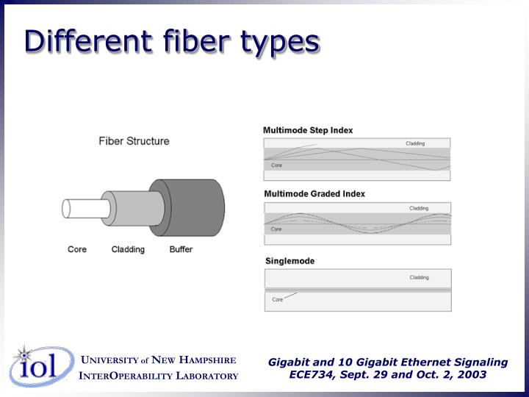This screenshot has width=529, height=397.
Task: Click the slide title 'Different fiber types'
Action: coord(171,41)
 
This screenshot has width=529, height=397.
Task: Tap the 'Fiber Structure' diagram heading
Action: coord(134,141)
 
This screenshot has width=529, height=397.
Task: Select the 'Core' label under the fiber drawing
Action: coord(77,249)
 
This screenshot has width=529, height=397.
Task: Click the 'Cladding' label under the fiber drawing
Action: coord(128,249)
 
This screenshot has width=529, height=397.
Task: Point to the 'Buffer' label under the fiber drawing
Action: coord(181,249)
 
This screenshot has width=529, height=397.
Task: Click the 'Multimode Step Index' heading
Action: coord(308,130)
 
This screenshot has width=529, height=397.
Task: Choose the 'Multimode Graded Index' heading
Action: coord(314,194)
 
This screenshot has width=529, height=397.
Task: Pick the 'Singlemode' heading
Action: coord(289,261)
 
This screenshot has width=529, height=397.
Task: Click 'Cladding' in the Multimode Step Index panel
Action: coord(415,143)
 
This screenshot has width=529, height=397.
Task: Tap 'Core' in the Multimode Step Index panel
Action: coord(276,165)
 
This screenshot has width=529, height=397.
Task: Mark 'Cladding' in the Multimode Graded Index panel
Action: coord(419,208)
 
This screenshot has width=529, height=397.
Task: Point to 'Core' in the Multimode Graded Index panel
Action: coord(276,229)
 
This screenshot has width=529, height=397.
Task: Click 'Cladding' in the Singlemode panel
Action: coord(419,277)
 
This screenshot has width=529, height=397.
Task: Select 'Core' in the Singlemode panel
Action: coord(278,299)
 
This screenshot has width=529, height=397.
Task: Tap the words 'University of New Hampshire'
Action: coord(158,360)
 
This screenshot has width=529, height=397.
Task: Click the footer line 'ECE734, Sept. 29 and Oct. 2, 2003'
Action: coord(387,373)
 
